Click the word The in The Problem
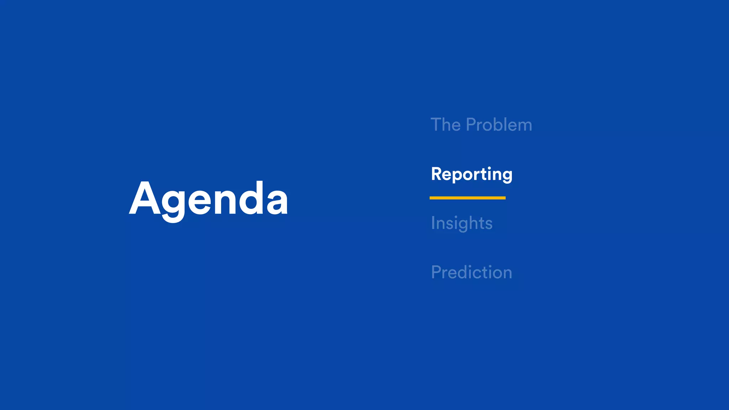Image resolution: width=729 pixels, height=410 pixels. pos(446,125)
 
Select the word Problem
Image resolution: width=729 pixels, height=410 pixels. pos(499,125)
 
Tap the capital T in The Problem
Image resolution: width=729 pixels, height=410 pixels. pos(436,125)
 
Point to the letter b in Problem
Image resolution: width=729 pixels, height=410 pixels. pos(497,125)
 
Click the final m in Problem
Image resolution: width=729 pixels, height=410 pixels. pos(524,126)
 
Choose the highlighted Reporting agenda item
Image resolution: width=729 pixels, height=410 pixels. pos(472,174)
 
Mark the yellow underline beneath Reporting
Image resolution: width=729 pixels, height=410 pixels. pos(467,198)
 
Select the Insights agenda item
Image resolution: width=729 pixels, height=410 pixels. pos(462,223)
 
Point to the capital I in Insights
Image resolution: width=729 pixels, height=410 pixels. pos(433,223)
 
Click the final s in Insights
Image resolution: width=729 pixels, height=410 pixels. pos(489,225)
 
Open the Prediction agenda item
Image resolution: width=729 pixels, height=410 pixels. pos(471,272)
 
